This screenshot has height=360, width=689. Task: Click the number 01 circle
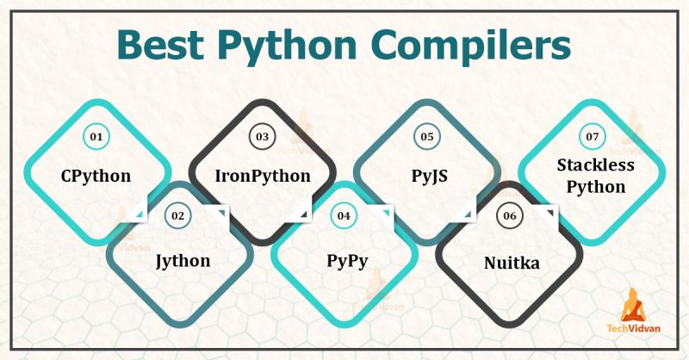click(x=96, y=136)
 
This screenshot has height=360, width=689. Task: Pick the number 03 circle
click(x=262, y=136)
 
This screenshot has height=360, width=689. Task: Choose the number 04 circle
click(x=344, y=215)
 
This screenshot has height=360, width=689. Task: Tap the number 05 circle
click(x=427, y=136)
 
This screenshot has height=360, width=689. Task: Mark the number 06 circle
click(x=510, y=215)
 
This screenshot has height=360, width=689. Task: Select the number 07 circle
click(x=592, y=136)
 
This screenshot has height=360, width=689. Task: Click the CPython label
click(x=96, y=177)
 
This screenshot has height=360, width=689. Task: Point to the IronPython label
click(x=262, y=177)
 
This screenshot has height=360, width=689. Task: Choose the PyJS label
click(x=428, y=177)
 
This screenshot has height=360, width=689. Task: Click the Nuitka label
click(x=511, y=262)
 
